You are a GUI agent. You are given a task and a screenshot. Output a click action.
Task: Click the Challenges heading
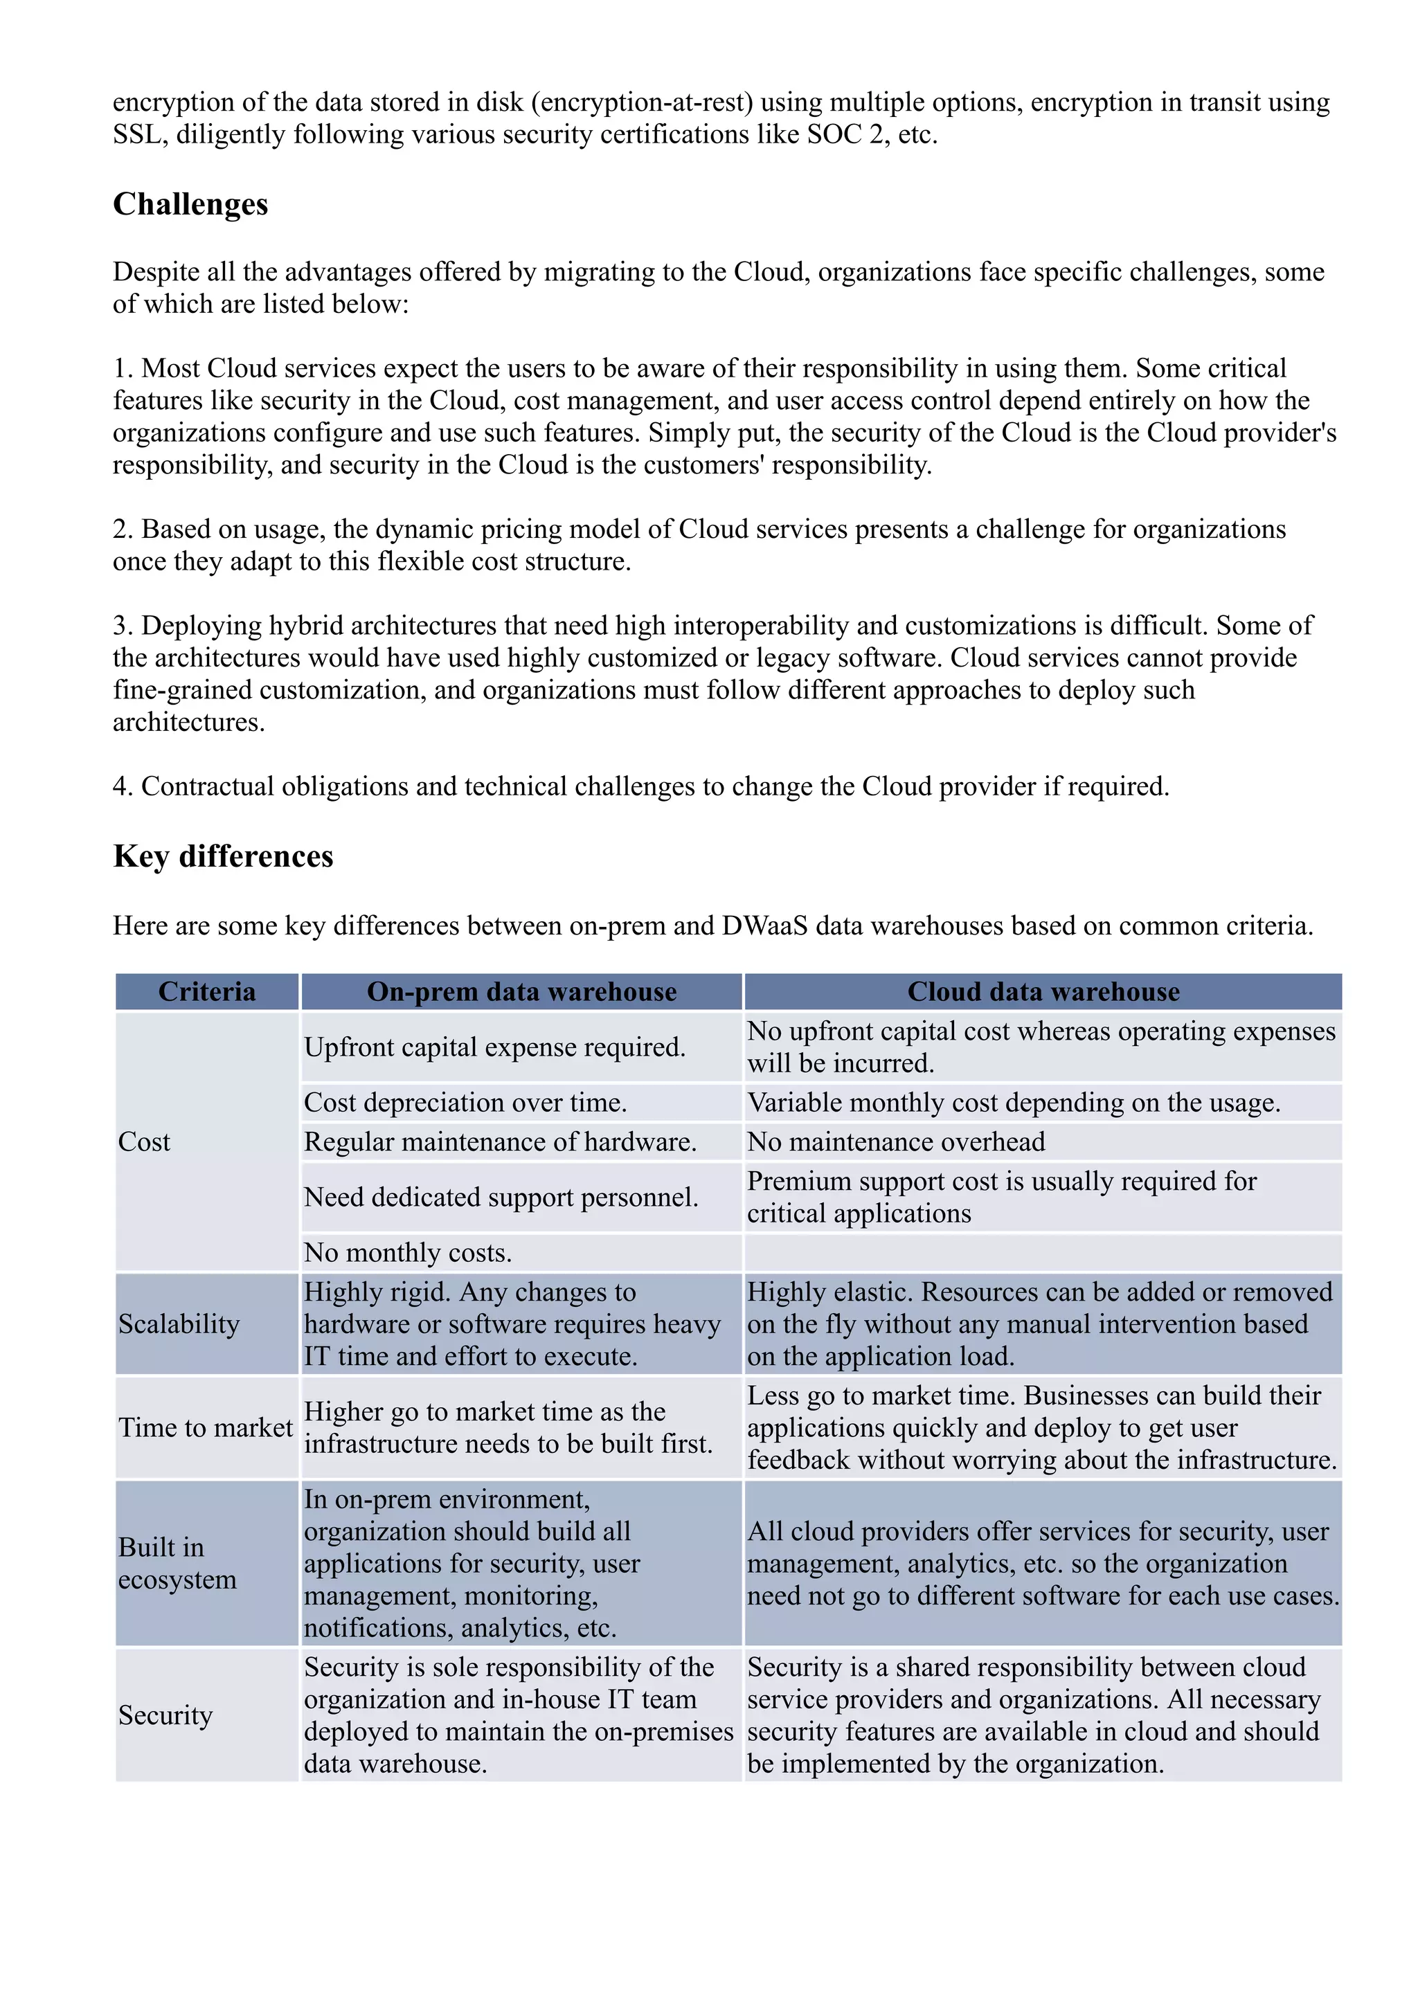pyautogui.click(x=190, y=204)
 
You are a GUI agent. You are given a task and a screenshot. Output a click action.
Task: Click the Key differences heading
pyautogui.click(x=223, y=856)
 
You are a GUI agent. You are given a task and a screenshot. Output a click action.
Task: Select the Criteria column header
pyautogui.click(x=207, y=992)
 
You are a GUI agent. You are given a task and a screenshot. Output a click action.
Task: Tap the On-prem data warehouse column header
pyautogui.click(x=521, y=992)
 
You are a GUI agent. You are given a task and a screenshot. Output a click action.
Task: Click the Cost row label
pyautogui.click(x=144, y=1142)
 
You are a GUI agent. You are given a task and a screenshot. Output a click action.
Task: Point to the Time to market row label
pyautogui.click(x=206, y=1427)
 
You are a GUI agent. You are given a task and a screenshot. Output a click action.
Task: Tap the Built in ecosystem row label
pyautogui.click(x=177, y=1563)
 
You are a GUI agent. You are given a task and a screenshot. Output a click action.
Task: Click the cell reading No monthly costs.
pyautogui.click(x=407, y=1253)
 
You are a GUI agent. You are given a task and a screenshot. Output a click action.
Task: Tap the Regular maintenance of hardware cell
pyautogui.click(x=500, y=1142)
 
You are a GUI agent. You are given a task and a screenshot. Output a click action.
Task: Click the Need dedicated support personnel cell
pyautogui.click(x=501, y=1197)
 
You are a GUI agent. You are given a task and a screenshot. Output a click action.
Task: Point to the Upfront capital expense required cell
pyautogui.click(x=494, y=1047)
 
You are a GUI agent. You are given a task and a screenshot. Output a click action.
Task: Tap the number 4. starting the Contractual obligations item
pyautogui.click(x=123, y=786)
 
